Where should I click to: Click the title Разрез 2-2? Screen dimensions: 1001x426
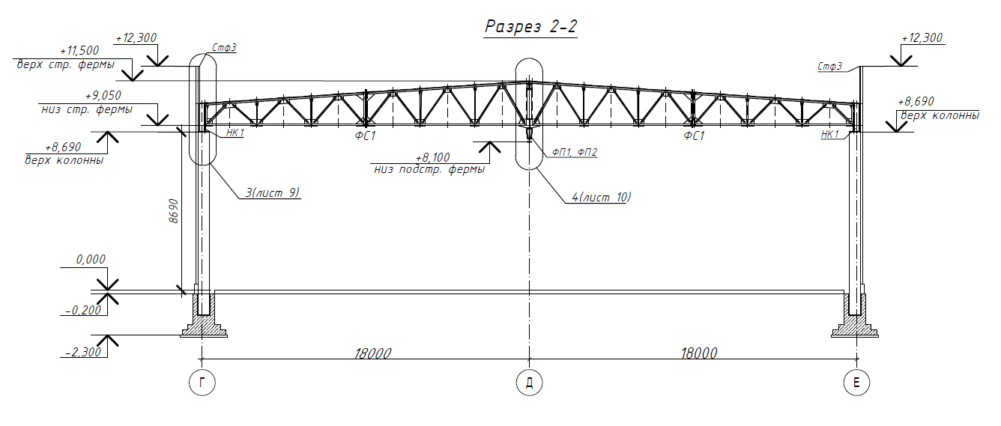531,27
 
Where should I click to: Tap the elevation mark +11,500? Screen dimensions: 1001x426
79,50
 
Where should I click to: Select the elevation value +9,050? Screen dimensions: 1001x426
103,96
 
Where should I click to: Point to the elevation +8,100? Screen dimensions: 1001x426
432,158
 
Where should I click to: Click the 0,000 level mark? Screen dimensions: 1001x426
91,260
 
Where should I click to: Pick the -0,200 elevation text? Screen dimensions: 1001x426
84,310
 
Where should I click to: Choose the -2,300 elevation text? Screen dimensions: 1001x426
84,353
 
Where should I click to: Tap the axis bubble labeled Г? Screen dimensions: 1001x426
202,383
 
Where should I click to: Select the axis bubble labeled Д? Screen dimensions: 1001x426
529,383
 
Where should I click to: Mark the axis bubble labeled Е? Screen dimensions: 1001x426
856,383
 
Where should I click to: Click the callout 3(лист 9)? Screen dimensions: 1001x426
272,192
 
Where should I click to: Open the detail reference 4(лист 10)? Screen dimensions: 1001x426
602,197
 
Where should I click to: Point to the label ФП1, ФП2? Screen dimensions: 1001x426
575,152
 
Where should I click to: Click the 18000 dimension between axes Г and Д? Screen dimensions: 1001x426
372,353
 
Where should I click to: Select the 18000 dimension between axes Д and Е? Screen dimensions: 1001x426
699,353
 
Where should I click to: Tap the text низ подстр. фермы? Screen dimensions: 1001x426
429,170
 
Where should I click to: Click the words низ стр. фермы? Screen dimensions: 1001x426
87,109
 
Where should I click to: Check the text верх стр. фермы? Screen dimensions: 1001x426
66,64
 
